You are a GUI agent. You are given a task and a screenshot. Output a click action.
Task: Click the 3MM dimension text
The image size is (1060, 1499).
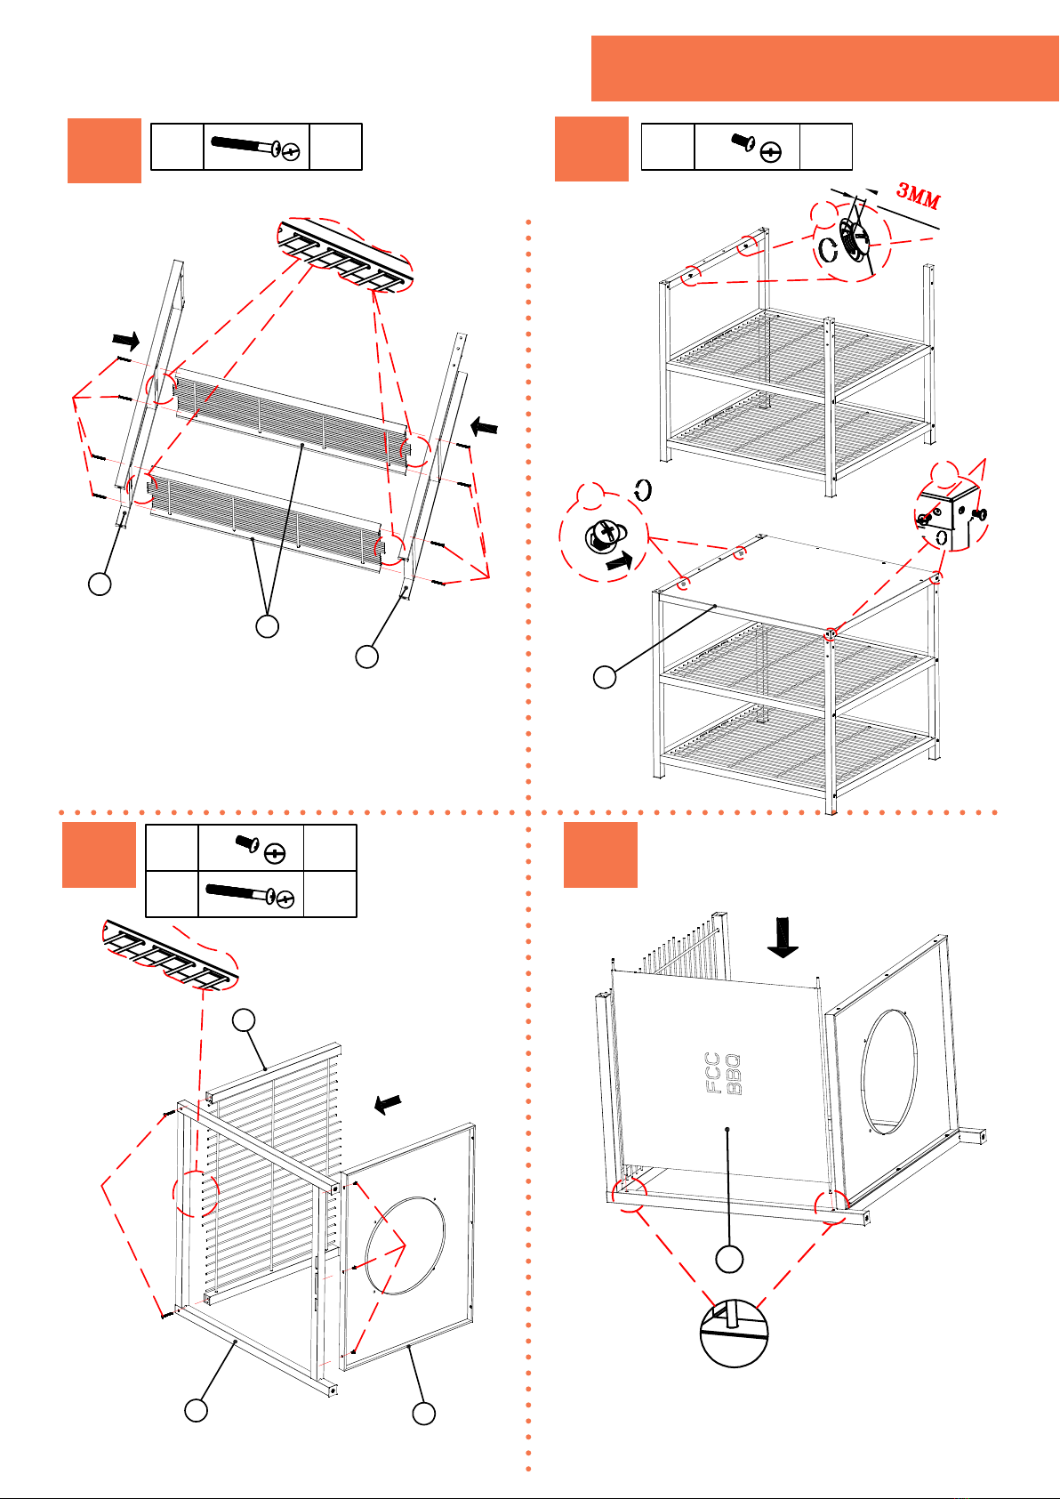919,195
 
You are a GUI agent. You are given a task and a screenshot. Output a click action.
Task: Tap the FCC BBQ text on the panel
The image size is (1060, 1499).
722,1074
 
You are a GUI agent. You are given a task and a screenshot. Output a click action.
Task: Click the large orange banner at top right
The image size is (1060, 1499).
824,69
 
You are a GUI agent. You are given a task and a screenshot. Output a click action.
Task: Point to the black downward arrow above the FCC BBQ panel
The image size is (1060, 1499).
783,937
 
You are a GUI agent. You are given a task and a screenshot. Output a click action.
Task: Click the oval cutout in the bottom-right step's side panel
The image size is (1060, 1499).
888,1072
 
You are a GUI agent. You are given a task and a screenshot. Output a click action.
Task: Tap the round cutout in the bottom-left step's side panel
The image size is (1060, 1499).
405,1245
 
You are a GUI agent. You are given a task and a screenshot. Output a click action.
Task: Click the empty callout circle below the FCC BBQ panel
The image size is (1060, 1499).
729,1259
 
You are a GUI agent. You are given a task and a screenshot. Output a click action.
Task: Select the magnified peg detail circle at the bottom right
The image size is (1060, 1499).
734,1333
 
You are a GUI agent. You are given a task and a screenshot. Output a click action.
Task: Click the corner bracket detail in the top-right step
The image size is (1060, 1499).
950,514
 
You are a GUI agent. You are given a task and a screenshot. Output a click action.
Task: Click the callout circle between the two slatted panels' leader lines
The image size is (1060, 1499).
268,626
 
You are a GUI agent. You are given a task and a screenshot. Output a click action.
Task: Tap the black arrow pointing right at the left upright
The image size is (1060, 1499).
125,341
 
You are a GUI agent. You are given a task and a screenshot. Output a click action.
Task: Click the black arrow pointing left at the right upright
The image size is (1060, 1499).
484,425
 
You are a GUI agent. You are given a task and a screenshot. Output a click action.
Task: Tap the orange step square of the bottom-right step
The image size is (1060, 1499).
600,855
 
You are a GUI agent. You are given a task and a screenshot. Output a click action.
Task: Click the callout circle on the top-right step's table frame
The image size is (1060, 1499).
605,677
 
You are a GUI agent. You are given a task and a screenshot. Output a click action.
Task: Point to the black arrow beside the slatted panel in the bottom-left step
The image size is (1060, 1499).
388,1103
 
